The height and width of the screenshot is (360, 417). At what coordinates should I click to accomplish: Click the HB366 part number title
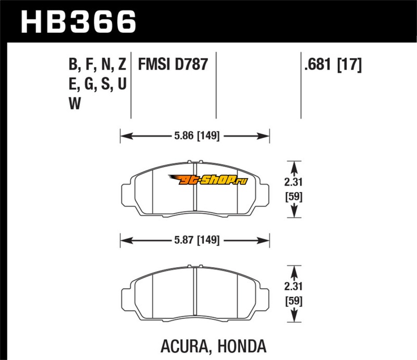click(79, 22)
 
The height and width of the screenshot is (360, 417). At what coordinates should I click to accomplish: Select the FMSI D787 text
click(173, 65)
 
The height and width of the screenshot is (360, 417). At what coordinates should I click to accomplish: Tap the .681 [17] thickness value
click(333, 65)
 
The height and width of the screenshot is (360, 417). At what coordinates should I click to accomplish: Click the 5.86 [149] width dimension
click(197, 136)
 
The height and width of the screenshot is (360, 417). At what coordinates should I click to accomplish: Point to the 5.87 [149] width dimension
click(197, 240)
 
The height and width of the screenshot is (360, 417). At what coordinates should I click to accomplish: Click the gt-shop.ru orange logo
click(208, 180)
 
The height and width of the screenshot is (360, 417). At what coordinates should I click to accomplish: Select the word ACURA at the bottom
click(184, 346)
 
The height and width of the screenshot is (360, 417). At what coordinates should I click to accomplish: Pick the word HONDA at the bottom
click(242, 346)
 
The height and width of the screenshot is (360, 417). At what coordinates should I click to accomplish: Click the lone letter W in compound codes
click(75, 104)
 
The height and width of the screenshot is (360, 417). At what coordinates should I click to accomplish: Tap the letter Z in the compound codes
click(122, 65)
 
